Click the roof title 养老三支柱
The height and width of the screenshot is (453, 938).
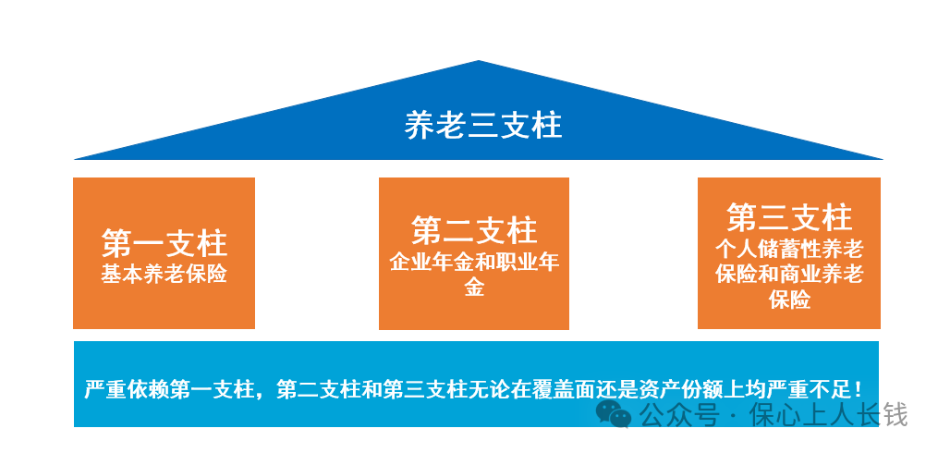[482, 125]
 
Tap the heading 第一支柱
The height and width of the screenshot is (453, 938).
[164, 244]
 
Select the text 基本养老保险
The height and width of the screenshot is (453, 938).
[164, 275]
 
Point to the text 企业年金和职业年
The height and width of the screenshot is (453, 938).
[474, 262]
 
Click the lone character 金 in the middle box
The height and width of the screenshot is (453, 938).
[474, 288]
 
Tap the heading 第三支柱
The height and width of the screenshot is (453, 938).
[788, 219]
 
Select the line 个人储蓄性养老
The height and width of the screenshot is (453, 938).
[788, 249]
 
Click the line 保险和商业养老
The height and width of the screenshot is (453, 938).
[788, 275]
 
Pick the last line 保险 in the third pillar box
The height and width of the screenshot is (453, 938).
[788, 300]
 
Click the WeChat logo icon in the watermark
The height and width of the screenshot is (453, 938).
[613, 413]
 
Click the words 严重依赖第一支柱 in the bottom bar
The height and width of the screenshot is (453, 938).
[166, 388]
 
